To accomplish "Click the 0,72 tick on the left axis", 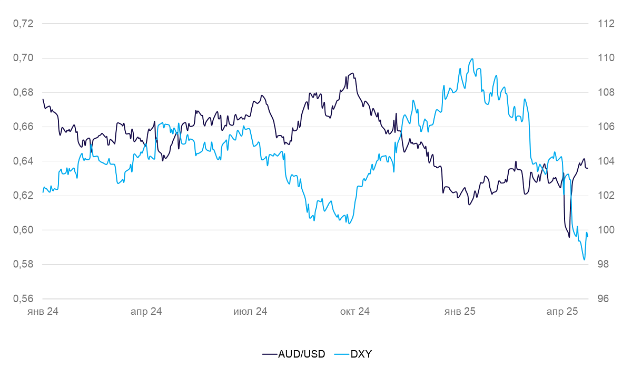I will [23, 24].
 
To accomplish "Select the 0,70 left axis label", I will [23, 58].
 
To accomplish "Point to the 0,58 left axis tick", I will [23, 264].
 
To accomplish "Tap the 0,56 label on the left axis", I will [23, 298].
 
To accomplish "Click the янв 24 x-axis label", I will [43, 312].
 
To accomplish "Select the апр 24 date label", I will [146, 312].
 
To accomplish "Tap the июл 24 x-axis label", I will [250, 312].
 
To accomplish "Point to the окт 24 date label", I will [354, 312].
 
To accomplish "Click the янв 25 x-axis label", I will [460, 312].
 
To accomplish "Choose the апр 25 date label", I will [562, 312].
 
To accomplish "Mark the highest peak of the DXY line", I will [472, 59].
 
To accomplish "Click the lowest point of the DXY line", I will [584, 260].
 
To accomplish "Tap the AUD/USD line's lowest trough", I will [569, 237].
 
